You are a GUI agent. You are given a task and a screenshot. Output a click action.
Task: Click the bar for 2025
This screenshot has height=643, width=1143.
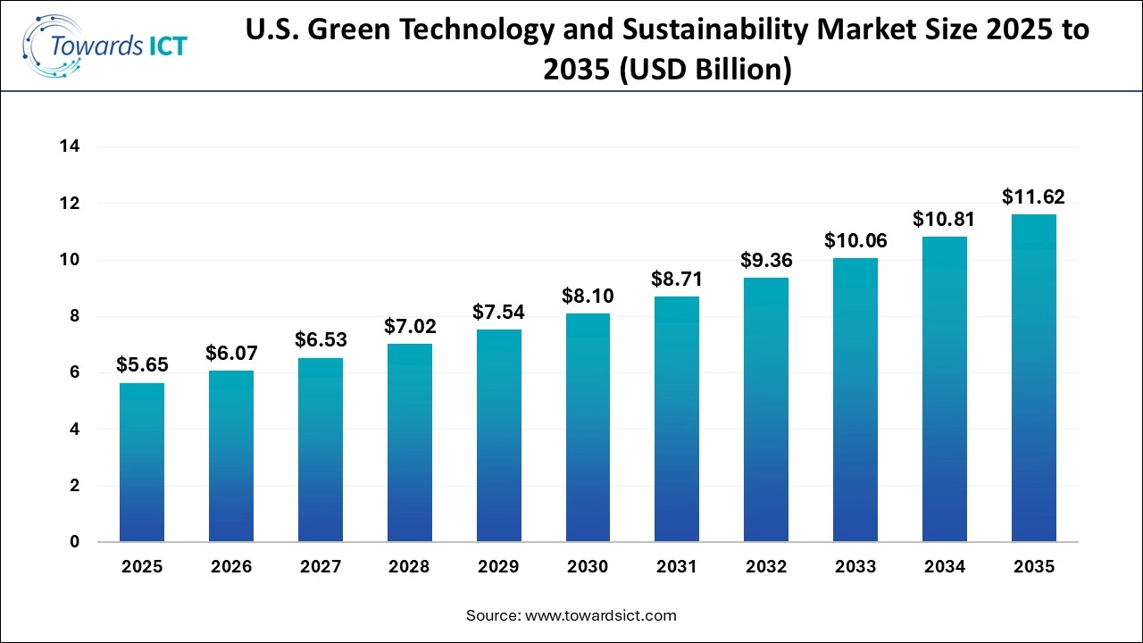[x=142, y=463]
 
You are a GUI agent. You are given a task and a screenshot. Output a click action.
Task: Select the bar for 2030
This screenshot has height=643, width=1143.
[x=588, y=428]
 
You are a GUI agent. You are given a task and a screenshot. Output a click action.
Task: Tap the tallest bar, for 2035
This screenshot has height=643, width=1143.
[x=1033, y=378]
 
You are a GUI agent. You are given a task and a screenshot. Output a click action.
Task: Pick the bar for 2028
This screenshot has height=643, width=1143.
[x=410, y=443]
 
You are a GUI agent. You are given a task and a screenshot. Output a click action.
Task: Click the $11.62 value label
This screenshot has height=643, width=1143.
[x=1033, y=197]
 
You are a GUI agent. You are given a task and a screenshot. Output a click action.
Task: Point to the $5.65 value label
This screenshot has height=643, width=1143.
[x=142, y=365]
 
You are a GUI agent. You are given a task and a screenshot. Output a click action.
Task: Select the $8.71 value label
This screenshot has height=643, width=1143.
[x=677, y=279]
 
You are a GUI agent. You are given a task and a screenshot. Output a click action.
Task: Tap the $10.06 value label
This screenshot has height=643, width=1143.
[x=855, y=240]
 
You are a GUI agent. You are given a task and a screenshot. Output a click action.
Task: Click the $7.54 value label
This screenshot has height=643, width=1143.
[x=499, y=312]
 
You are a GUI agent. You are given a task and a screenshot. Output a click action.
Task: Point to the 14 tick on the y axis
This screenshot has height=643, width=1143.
[x=71, y=147]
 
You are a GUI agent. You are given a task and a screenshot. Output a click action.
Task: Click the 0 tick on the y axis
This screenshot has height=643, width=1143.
[x=75, y=542]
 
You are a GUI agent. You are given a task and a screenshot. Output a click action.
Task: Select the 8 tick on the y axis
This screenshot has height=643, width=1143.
[x=75, y=316]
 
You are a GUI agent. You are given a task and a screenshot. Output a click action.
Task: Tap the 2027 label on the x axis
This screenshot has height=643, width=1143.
[x=321, y=567]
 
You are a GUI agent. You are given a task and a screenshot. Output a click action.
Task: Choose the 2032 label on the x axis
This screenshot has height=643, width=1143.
[x=766, y=567]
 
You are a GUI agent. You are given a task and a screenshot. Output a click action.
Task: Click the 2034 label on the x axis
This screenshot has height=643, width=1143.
[x=945, y=567]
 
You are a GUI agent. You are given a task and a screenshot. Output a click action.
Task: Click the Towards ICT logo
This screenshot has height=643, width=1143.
[x=105, y=45]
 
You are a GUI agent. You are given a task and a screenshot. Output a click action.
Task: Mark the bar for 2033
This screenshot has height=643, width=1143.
[x=855, y=400]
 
